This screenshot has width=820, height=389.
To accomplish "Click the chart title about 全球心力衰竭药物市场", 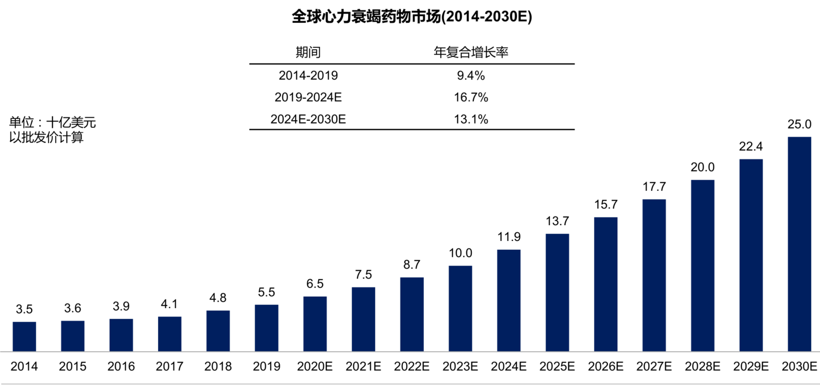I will (x=412, y=17).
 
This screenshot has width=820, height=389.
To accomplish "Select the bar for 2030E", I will (x=799, y=244).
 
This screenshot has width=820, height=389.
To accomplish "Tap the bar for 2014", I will (x=24, y=336).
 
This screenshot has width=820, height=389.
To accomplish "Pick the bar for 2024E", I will (x=508, y=300).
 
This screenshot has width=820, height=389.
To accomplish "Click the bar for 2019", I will (x=266, y=327).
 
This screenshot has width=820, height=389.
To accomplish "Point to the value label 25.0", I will (x=799, y=125).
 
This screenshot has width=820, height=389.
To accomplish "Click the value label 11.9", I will (x=508, y=238).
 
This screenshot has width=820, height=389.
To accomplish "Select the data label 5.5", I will (x=266, y=292).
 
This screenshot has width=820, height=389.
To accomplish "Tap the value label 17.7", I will (x=654, y=187).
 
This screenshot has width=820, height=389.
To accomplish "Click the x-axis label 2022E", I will (x=412, y=367).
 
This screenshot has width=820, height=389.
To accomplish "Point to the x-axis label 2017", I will (x=169, y=367).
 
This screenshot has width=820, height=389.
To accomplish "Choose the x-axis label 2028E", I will (x=702, y=367).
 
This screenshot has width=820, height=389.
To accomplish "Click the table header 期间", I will (x=308, y=52).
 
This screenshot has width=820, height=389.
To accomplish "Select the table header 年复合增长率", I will (x=471, y=52).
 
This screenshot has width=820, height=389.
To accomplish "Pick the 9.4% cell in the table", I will (x=471, y=75).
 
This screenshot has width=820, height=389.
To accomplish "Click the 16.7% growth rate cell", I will (x=471, y=98).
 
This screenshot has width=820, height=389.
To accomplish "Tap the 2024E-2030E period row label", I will (x=308, y=120).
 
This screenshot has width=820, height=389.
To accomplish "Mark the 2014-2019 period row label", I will (x=308, y=75).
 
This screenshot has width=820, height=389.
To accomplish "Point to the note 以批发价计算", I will (x=46, y=137).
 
